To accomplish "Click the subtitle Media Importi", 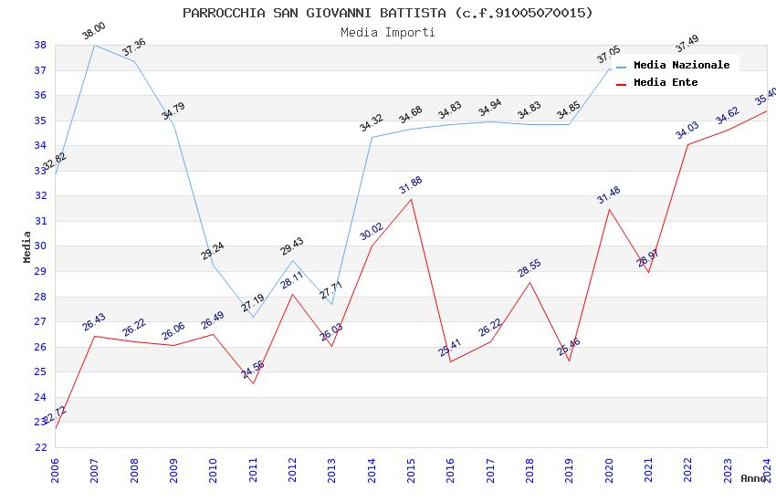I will pyautogui.click(x=387, y=33).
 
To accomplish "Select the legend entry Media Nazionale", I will pyautogui.click(x=681, y=66).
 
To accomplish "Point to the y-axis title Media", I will pyautogui.click(x=26, y=246).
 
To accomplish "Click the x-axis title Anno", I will pyautogui.click(x=753, y=478).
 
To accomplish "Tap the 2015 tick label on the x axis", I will pyautogui.click(x=411, y=470).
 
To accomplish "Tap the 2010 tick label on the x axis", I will pyautogui.click(x=213, y=470).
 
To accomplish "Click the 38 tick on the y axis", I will pyautogui.click(x=41, y=45).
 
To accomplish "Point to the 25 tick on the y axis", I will pyautogui.click(x=41, y=372).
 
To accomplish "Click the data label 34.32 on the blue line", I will pyautogui.click(x=371, y=123).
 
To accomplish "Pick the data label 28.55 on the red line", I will pyautogui.click(x=530, y=267).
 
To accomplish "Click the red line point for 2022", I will pyautogui.click(x=687, y=144).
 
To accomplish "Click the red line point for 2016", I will pyautogui.click(x=450, y=361).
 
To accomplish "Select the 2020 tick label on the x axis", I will pyautogui.click(x=609, y=470).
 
